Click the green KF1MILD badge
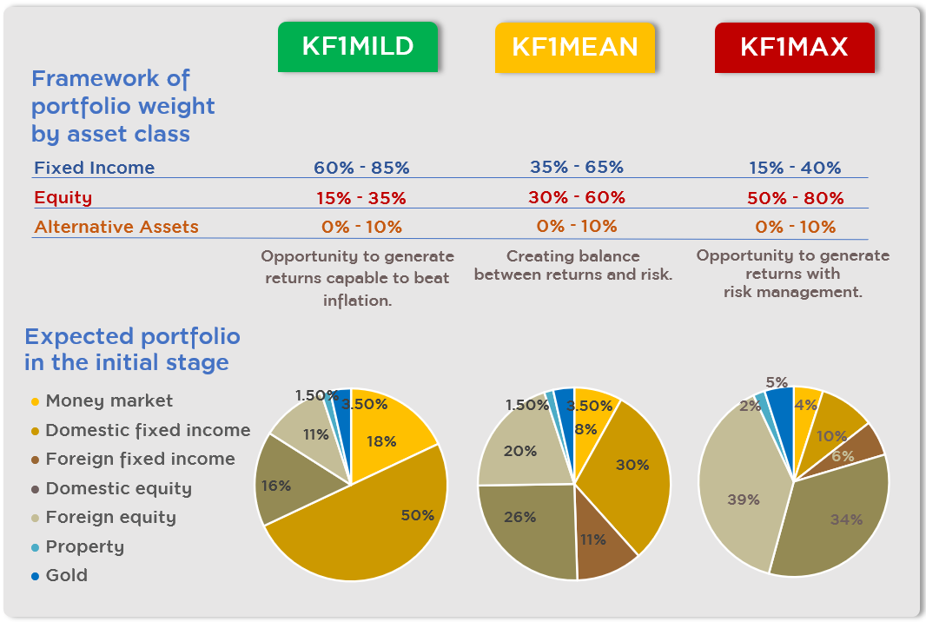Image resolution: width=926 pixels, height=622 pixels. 357,47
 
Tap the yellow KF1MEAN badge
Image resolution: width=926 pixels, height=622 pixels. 574,47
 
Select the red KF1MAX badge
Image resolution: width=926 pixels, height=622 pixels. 794,47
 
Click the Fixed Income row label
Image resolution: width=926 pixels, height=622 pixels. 94,168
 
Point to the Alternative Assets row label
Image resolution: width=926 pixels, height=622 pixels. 116,227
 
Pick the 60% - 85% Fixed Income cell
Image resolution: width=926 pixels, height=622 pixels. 361,168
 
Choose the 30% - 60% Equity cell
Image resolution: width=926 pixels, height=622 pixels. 577,197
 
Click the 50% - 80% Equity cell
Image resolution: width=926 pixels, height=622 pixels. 795,198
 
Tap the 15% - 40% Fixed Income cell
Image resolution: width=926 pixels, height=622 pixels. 795,169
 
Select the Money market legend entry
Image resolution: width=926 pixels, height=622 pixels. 109,400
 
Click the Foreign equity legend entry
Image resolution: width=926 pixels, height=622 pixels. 110,517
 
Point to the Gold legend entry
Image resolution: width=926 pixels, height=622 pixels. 66,575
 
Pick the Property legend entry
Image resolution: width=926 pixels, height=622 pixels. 84,546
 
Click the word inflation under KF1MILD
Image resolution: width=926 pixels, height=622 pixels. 357,301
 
